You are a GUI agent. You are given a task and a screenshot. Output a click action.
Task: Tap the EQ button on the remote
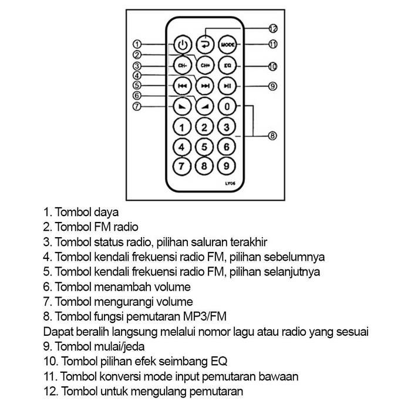(227, 65)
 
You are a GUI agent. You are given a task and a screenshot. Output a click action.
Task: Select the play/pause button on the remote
(227, 86)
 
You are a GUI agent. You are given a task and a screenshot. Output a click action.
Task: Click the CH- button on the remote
(183, 65)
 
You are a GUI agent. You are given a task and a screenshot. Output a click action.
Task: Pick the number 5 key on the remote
(204, 147)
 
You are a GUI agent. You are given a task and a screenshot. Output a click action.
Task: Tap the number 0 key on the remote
(227, 107)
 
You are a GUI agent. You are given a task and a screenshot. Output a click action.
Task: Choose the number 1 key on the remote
(183, 127)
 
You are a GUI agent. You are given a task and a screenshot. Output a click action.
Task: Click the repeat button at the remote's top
(204, 43)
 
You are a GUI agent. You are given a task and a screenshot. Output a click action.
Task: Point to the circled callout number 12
(272, 28)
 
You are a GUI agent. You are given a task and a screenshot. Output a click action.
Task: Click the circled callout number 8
(272, 136)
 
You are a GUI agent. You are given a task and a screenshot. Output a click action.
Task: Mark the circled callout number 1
(137, 44)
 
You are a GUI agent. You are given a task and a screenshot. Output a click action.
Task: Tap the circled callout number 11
(272, 44)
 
